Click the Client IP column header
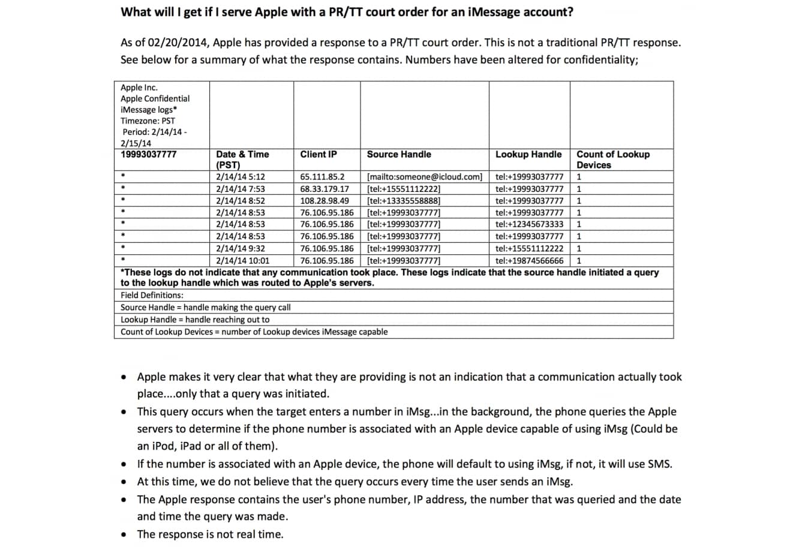point(319,154)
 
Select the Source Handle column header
point(399,154)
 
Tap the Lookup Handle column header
point(528,154)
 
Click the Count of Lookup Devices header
point(612,159)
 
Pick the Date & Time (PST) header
point(242,159)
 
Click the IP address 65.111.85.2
point(323,177)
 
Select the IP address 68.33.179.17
point(325,189)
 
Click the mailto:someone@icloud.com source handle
point(425,177)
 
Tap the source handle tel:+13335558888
point(404,201)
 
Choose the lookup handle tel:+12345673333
point(530,224)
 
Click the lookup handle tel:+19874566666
point(530,261)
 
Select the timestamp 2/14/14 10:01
point(243,261)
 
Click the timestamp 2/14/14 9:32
point(241,248)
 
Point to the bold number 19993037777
point(149,154)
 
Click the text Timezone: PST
point(148,121)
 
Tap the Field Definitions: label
point(152,295)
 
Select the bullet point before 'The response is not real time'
point(124,534)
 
